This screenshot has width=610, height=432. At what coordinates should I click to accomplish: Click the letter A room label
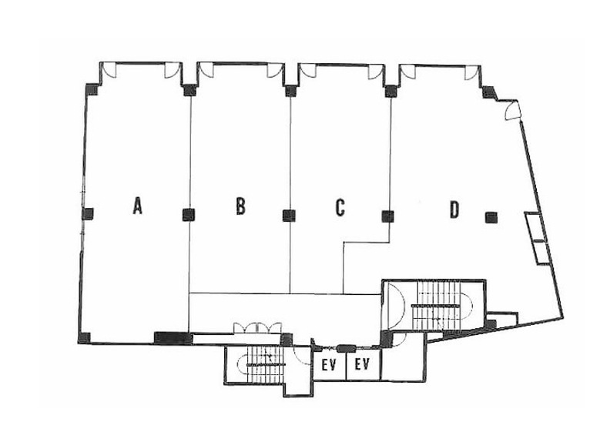pyautogui.click(x=137, y=206)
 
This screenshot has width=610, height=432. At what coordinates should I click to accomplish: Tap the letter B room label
pyautogui.click(x=241, y=206)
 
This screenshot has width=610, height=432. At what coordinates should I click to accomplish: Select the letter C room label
pyautogui.click(x=340, y=207)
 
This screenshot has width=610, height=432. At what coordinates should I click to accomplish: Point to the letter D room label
pyautogui.click(x=454, y=209)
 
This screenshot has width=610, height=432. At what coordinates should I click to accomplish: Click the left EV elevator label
pyautogui.click(x=329, y=365)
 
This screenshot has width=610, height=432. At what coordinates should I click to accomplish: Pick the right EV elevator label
pyautogui.click(x=362, y=365)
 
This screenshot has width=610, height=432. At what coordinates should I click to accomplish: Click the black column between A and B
pyautogui.click(x=189, y=215)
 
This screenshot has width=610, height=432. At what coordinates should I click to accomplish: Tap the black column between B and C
pyautogui.click(x=289, y=216)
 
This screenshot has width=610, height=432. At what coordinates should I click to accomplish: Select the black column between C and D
pyautogui.click(x=388, y=216)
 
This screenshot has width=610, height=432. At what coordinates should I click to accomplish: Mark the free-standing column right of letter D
pyautogui.click(x=491, y=217)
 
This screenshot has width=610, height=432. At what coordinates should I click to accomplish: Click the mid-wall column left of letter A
pyautogui.click(x=88, y=214)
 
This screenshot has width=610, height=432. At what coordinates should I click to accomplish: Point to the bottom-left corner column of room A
pyautogui.click(x=84, y=337)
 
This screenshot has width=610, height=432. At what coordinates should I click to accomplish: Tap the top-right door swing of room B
pyautogui.click(x=275, y=70)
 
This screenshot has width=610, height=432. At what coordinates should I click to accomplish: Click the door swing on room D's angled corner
pyautogui.click(x=513, y=112)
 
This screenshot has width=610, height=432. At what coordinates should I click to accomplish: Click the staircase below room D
pyautogui.click(x=442, y=306)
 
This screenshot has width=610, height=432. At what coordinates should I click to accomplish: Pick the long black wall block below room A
pyautogui.click(x=173, y=337)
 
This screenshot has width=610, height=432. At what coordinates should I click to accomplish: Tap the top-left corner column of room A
pyautogui.click(x=92, y=89)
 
